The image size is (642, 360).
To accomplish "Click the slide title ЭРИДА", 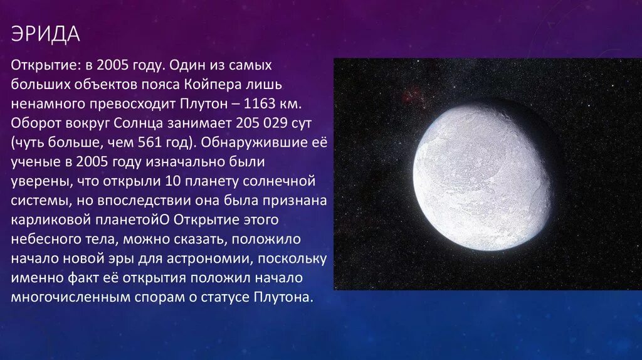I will [45, 34].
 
